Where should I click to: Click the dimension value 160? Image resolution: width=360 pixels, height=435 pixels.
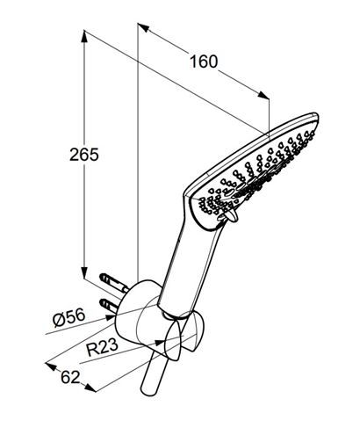[204, 62]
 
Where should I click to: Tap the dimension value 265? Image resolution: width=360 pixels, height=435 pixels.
[84, 155]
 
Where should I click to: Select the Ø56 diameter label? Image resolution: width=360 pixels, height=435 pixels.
[69, 317]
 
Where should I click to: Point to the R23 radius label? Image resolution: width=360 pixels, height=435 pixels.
[103, 347]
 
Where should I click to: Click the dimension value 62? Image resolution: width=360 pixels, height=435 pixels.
[70, 377]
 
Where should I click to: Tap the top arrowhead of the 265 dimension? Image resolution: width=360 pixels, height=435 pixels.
[84, 36]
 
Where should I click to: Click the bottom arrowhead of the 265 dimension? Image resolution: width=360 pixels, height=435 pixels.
[84, 272]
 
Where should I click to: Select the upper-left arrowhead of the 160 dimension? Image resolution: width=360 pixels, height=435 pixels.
[143, 26]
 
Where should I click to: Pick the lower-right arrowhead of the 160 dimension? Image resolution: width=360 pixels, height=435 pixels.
[263, 95]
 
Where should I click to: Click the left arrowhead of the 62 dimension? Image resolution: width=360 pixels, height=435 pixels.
[51, 366]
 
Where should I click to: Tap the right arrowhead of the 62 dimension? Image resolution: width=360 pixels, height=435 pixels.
[90, 388]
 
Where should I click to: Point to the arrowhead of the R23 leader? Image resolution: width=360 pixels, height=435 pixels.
[161, 342]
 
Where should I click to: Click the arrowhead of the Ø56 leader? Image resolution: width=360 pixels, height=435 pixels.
[112, 317]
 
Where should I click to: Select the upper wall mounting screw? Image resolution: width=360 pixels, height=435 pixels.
[114, 283]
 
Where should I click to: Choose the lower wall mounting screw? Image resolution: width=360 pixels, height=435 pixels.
[111, 305]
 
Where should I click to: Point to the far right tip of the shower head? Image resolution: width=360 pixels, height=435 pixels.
[318, 117]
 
